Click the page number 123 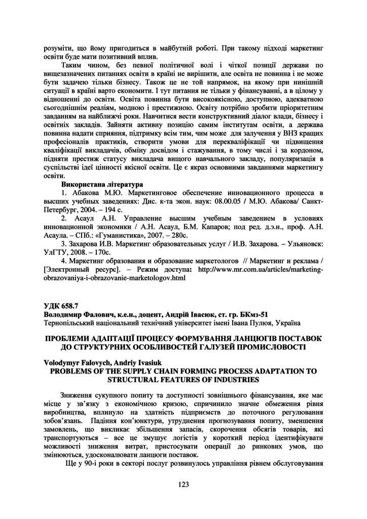183,485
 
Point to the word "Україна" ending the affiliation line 287,322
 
